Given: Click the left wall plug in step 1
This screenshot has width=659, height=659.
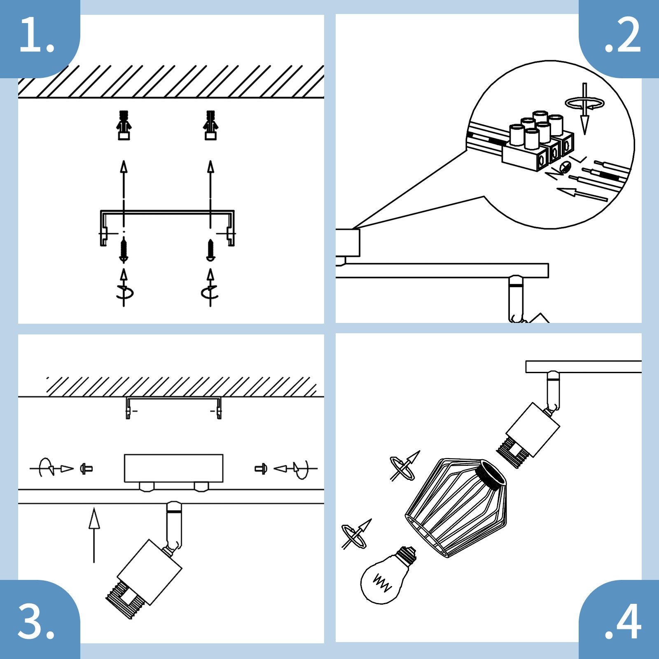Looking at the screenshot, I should point(124,125).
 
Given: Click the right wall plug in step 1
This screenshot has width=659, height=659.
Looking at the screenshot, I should point(211,125).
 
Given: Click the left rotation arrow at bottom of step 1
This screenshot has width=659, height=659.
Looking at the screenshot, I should point(124,291).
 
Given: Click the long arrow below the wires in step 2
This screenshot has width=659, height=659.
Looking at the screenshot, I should point(582,194).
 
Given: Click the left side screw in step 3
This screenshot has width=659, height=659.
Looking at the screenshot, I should point(86,468).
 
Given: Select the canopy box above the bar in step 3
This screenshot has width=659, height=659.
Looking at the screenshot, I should point(173,468).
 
